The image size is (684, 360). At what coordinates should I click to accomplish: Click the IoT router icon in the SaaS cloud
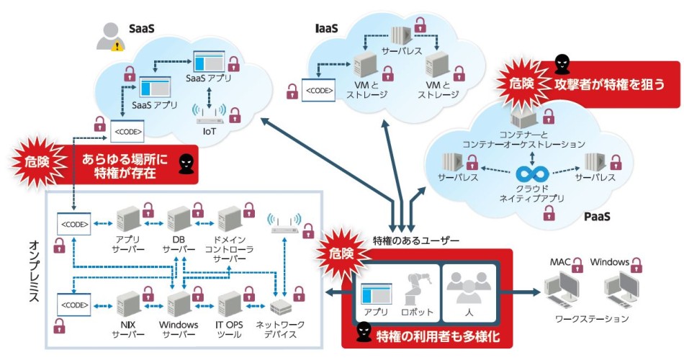tap(210, 114)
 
